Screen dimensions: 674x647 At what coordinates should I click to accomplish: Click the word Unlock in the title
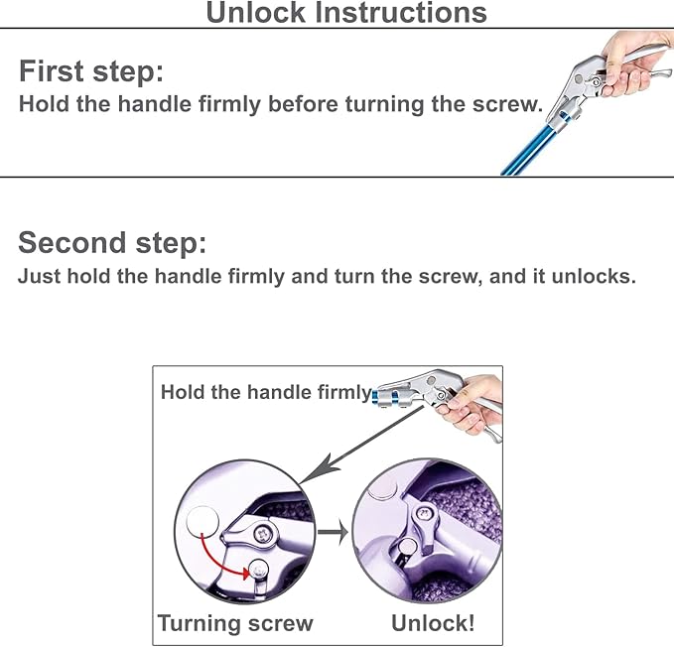[256, 12]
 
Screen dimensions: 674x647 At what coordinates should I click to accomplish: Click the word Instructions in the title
[401, 12]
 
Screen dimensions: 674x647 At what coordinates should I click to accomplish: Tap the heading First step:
[91, 70]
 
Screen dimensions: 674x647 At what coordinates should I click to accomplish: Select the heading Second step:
[112, 243]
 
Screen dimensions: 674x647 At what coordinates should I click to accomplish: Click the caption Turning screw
[235, 623]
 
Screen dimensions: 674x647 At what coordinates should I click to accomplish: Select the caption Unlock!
[433, 623]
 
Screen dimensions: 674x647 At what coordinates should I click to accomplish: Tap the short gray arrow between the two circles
[333, 532]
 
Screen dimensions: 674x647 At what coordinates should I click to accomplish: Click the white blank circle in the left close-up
[202, 522]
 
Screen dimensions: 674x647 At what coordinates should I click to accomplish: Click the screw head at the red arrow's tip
[259, 572]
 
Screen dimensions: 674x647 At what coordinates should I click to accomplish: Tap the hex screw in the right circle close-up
[425, 513]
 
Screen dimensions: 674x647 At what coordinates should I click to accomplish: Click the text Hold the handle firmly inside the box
[265, 392]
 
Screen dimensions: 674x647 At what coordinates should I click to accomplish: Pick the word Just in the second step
[39, 276]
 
